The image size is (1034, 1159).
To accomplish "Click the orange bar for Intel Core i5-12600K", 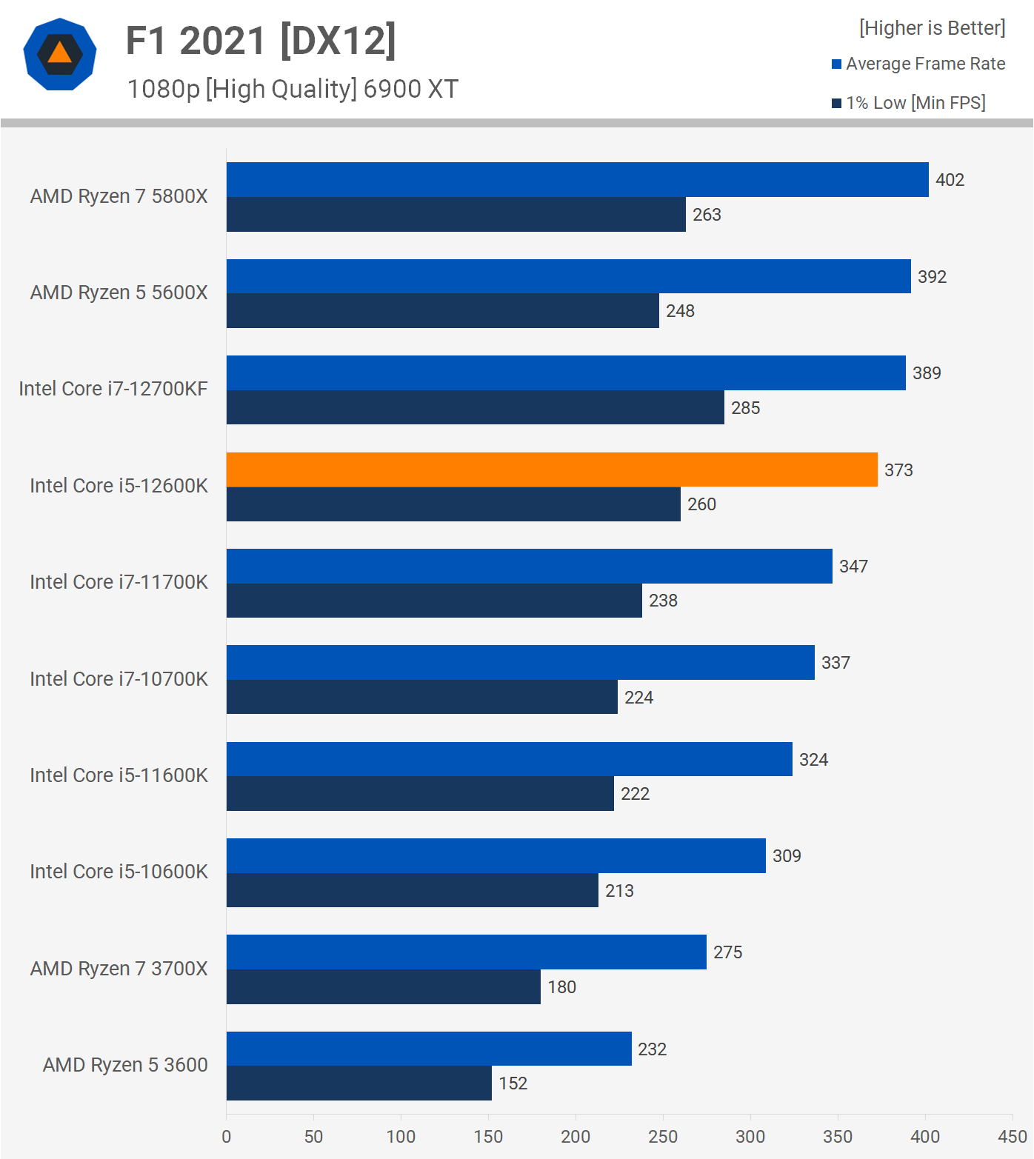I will tap(552, 470).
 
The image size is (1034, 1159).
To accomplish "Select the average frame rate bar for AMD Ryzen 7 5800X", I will tap(578, 180).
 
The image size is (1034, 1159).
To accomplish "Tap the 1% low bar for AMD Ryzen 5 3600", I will tap(359, 1083).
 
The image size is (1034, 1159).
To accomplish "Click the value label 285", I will tap(745, 408).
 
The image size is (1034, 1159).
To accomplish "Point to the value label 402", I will tap(950, 180).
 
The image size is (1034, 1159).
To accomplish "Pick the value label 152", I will tap(513, 1083).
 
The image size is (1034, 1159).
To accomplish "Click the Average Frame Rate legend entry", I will tap(918, 64).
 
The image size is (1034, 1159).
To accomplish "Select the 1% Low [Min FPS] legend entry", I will tap(909, 103).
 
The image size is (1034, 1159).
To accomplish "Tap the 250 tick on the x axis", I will tap(663, 1136).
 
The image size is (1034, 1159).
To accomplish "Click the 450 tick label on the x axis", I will tap(1012, 1136).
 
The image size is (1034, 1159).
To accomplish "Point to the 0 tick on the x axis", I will tap(227, 1136).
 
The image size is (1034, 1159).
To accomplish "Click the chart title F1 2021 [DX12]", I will tap(261, 41).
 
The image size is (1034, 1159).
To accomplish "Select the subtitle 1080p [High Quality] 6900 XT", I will tap(293, 89).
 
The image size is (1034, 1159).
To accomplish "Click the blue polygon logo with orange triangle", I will tap(60, 54).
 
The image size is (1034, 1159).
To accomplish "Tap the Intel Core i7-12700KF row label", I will tap(113, 389).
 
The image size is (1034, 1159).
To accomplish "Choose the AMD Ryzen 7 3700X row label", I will tap(119, 969).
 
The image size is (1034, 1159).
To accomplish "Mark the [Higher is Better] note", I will tap(932, 28).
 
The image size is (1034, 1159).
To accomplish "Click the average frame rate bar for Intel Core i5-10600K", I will tap(496, 856).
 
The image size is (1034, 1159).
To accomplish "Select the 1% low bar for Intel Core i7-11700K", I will tap(434, 601).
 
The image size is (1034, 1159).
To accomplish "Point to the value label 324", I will tap(813, 760).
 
